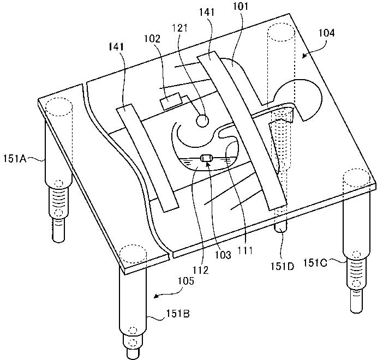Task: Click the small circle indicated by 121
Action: tap(202, 119)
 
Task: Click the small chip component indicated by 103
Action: tap(206, 159)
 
